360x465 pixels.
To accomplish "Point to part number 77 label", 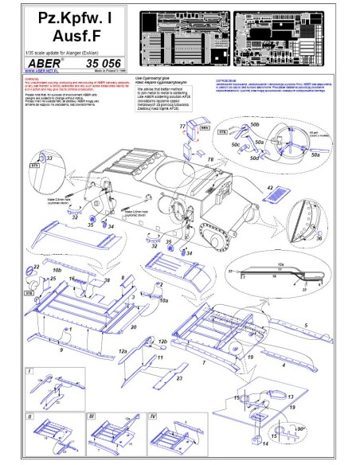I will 182,127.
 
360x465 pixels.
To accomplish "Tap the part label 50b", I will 277,127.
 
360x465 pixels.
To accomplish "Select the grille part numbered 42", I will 270,193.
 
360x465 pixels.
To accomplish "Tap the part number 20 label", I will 133,327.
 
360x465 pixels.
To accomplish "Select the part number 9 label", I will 60,350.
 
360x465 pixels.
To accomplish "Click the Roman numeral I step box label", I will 29,371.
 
